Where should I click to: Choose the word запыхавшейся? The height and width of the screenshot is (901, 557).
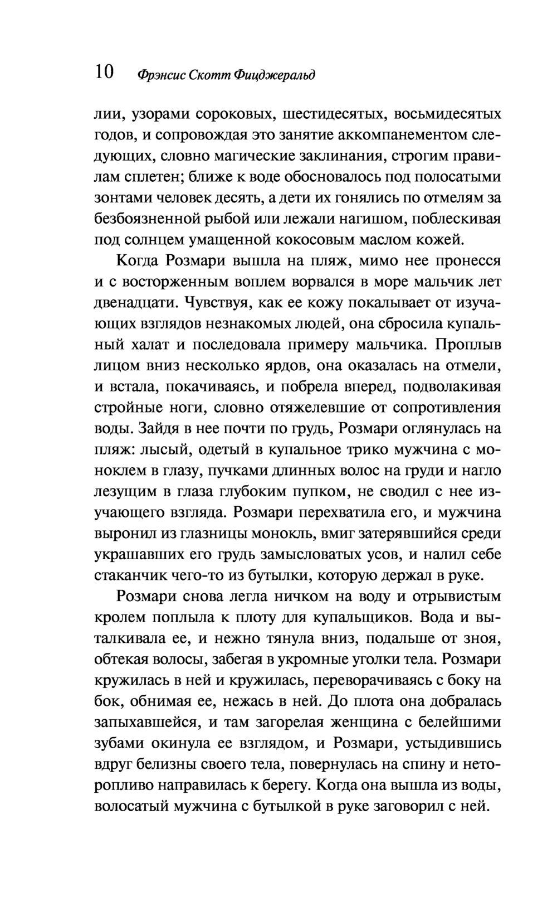(x=145, y=723)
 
